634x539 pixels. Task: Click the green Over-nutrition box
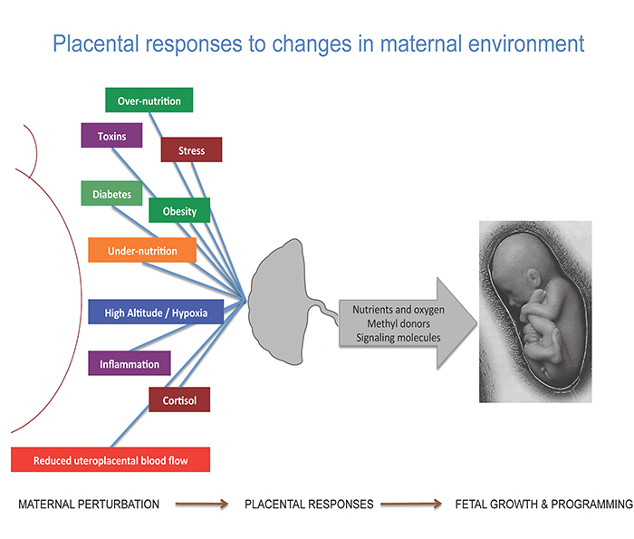149,101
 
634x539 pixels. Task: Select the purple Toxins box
107,136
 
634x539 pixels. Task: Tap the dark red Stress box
191,149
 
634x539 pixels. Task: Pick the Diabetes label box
111,194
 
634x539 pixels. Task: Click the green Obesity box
179,211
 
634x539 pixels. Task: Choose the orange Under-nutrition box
142,250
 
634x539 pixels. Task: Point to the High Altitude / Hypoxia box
155,313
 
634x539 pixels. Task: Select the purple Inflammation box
130,364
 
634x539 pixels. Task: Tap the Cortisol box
179,399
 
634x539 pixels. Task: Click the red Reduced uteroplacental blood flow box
110,460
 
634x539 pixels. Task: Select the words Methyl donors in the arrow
398,323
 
